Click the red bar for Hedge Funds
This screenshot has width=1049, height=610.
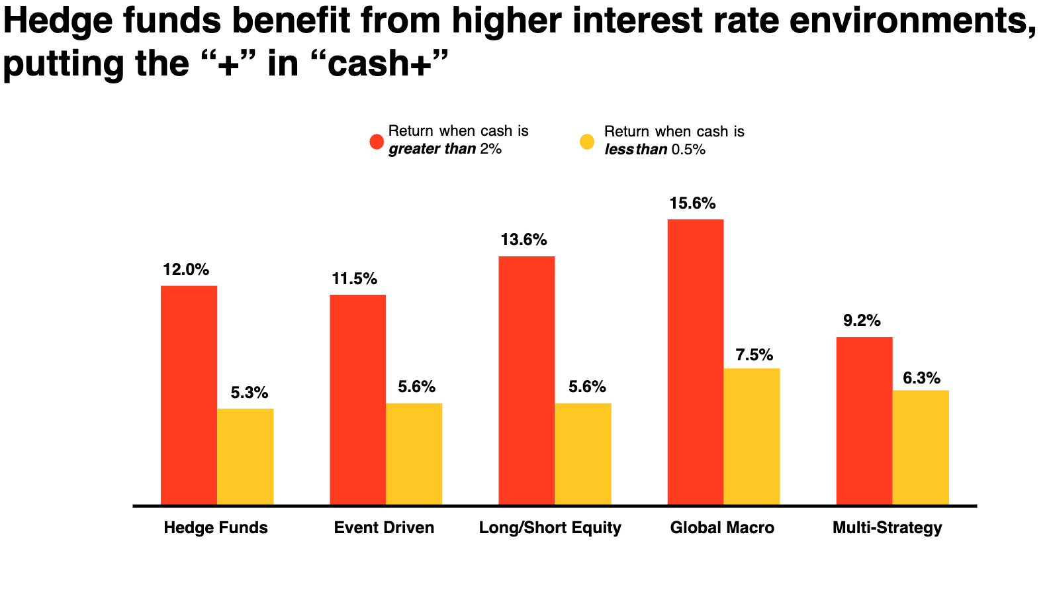click(x=189, y=395)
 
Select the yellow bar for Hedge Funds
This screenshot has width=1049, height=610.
click(x=245, y=457)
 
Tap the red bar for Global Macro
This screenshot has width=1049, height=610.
click(x=695, y=362)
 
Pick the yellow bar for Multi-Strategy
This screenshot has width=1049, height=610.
click(x=921, y=448)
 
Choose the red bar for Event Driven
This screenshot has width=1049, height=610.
click(x=357, y=400)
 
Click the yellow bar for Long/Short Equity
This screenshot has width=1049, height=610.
click(x=582, y=454)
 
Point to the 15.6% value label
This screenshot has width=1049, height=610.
click(x=692, y=203)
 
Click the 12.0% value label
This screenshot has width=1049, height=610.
click(x=186, y=270)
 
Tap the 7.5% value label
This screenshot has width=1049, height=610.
click(x=754, y=355)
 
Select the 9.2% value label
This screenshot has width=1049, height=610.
click(x=862, y=321)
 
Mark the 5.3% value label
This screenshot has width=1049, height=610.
click(x=250, y=393)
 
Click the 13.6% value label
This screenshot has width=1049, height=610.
click(x=524, y=240)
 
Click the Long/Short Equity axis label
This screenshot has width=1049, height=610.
click(x=550, y=528)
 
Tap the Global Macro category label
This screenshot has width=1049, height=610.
click(x=722, y=528)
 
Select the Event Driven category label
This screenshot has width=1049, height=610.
click(x=384, y=528)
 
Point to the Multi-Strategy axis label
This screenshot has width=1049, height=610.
click(x=887, y=528)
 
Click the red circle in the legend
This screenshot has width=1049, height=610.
click(x=377, y=141)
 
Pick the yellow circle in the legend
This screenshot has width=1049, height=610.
click(x=587, y=141)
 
